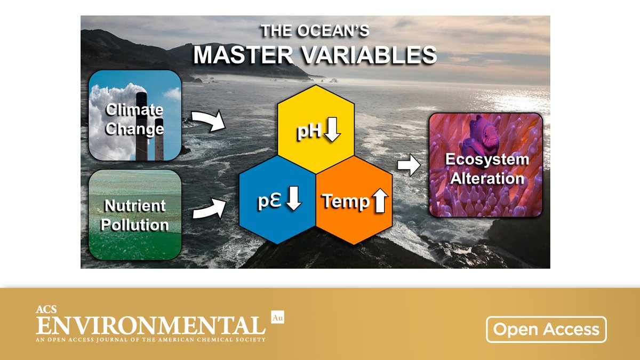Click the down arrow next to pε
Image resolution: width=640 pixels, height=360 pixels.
pos(294,199)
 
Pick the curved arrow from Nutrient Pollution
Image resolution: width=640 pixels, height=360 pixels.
pos(208,209)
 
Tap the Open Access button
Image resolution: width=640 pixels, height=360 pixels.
pos(546,329)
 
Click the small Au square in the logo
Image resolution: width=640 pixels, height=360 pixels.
pos(277,317)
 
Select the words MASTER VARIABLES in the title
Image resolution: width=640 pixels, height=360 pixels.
pos(315,55)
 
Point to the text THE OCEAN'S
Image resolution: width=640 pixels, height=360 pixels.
pos(315,30)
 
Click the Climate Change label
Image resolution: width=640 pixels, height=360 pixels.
pos(134,119)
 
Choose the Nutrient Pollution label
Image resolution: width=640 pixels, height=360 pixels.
pos(134,215)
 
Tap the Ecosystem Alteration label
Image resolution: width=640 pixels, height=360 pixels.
pos(486,169)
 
